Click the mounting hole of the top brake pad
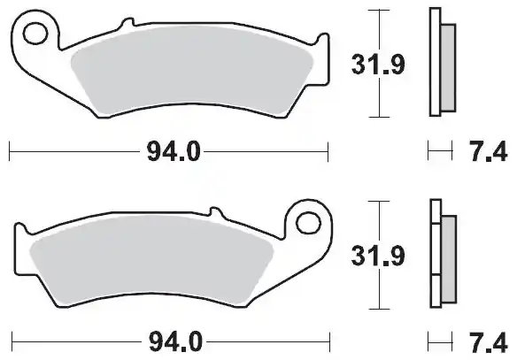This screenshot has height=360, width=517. (x=35, y=34)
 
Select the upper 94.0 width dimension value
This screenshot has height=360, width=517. (x=168, y=153)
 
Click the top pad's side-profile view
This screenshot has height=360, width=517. (x=440, y=62)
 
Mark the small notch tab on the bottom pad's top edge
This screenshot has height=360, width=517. (x=214, y=212)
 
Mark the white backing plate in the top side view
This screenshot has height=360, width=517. (x=435, y=62)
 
